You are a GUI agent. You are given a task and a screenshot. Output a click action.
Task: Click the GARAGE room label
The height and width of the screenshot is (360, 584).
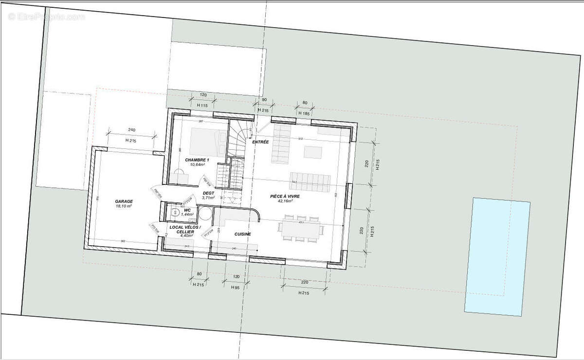[x=124, y=201]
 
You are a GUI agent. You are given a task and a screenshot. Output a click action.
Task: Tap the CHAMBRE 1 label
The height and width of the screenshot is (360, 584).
[x=197, y=160]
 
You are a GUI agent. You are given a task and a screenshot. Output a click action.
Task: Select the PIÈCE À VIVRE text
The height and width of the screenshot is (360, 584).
[x=285, y=196]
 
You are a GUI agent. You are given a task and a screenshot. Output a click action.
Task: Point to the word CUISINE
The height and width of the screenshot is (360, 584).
[x=242, y=234]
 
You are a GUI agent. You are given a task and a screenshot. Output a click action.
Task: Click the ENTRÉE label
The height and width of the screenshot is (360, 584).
[x=260, y=142]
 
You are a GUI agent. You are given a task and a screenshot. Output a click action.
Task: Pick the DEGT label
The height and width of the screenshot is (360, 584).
[x=208, y=193]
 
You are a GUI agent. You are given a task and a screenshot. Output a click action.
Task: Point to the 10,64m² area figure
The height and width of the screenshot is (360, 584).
[x=197, y=165]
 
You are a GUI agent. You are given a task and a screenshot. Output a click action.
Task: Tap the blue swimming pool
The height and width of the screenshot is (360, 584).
[x=497, y=255]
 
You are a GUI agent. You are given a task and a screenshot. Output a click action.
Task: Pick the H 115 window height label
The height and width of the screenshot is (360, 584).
[x=202, y=105]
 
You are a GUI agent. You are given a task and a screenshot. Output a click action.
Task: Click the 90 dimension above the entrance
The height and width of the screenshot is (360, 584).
[x=264, y=100]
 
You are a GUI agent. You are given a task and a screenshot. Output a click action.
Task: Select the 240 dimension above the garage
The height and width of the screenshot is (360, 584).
[x=131, y=130]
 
